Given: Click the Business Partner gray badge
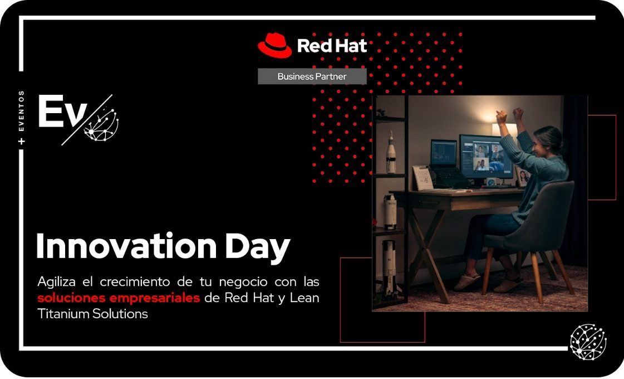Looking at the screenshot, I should point(312,76).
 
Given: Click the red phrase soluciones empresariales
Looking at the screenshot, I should point(119,298).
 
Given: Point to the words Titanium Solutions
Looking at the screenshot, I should point(92,314).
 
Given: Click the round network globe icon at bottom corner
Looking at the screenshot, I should point(588,341).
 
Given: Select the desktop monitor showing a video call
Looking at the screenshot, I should point(485,157).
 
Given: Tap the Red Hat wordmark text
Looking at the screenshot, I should point(332,46).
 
